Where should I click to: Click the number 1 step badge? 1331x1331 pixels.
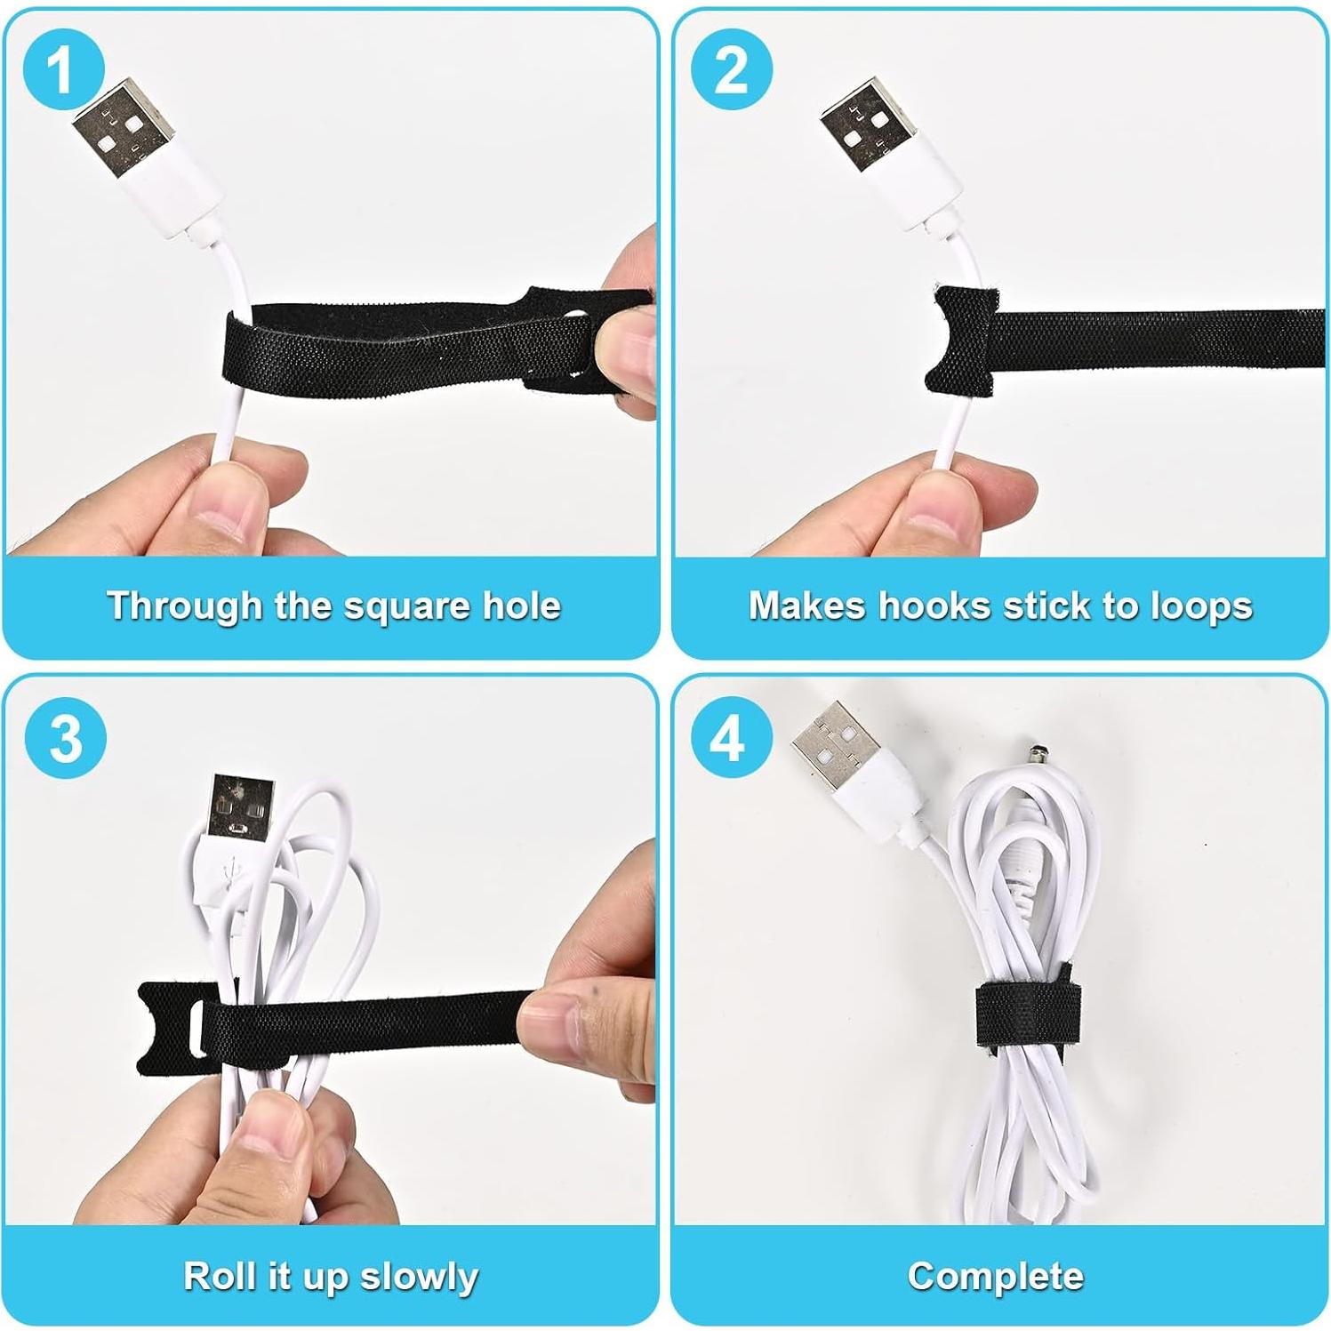62,69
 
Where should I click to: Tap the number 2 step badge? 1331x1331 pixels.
731,69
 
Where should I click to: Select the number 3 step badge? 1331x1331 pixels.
66,738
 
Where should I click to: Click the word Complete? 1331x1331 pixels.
996,1276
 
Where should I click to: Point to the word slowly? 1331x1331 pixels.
419,1277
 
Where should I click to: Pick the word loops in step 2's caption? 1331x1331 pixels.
1201,606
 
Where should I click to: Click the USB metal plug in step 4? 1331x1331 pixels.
830,743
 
